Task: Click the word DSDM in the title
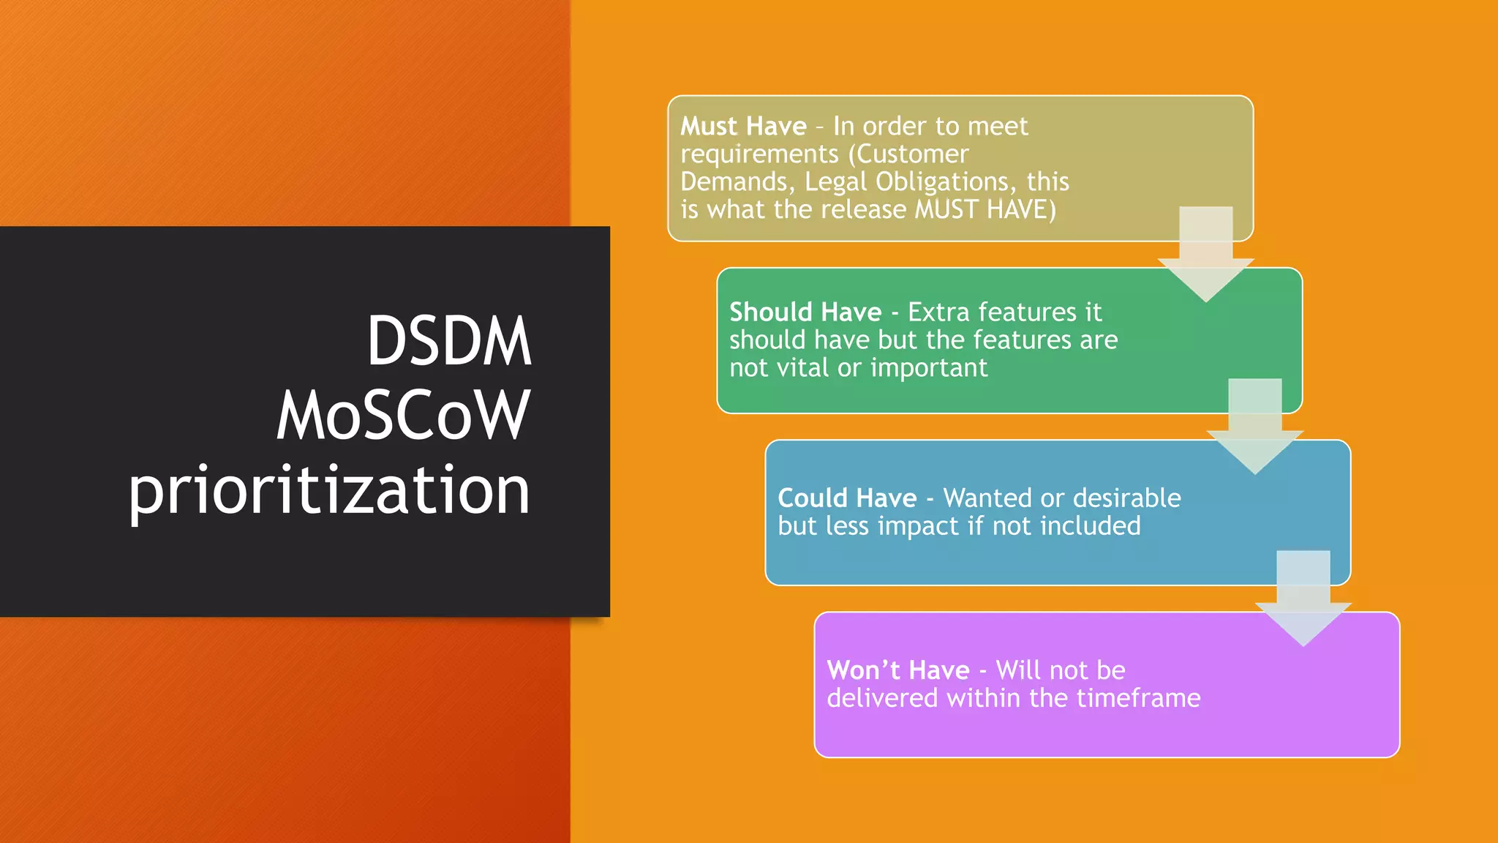(448, 341)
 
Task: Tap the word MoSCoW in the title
(403, 415)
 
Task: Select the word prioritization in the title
(329, 490)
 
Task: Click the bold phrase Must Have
(743, 127)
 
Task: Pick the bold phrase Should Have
(805, 312)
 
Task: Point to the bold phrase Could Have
(847, 498)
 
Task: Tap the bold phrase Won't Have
(898, 670)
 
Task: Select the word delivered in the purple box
(882, 698)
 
